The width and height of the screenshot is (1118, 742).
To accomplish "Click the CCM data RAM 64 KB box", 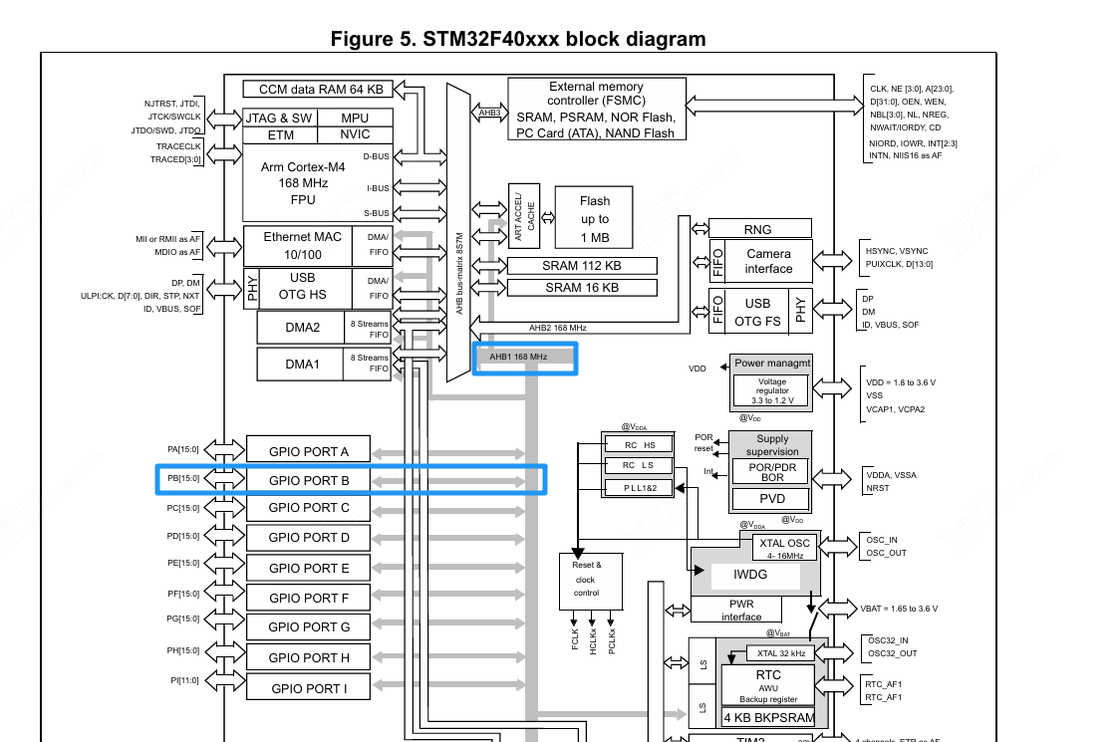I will click(x=314, y=89).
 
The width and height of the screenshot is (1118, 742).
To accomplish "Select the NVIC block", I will click(x=355, y=134).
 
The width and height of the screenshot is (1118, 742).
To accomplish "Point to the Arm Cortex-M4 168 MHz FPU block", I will click(x=303, y=183).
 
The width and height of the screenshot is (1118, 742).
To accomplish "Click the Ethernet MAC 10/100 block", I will click(x=302, y=245).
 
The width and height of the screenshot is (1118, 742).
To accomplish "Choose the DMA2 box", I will click(x=302, y=327).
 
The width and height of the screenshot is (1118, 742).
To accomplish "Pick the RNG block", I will click(x=757, y=229).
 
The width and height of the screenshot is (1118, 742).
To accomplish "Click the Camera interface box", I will click(x=768, y=261).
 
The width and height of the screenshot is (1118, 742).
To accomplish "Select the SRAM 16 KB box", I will click(x=582, y=288).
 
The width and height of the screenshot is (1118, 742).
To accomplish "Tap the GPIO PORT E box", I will click(x=309, y=568).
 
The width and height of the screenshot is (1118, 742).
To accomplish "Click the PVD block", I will click(x=772, y=499).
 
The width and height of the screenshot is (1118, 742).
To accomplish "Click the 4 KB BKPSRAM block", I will click(x=768, y=717).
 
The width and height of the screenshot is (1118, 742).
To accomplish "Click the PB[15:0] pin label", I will click(x=183, y=479).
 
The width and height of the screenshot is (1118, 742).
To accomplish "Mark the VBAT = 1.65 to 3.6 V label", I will click(x=899, y=609).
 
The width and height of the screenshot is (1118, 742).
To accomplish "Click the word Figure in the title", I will click(x=363, y=40).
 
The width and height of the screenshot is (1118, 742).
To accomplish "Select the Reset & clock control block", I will click(x=586, y=579).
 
